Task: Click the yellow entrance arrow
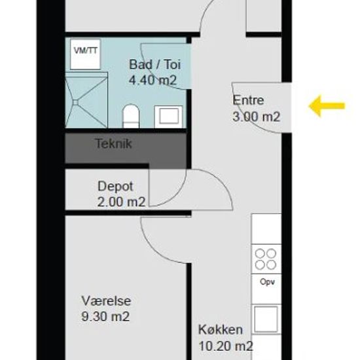pyautogui.click(x=327, y=106)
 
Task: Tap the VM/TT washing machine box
pyautogui.click(x=85, y=54)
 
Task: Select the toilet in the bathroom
pyautogui.click(x=131, y=116)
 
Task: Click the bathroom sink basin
pyautogui.click(x=169, y=117)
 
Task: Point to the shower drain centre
pyautogui.click(x=76, y=102)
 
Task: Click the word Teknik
pyautogui.click(x=113, y=144)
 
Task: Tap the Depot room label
pyautogui.click(x=115, y=187)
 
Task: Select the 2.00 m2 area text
pyautogui.click(x=121, y=202)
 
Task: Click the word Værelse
pyautogui.click(x=106, y=301)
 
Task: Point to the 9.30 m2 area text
pyautogui.click(x=105, y=317)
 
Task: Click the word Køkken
pyautogui.click(x=221, y=330)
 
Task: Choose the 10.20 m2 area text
pyautogui.click(x=225, y=346)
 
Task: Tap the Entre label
pyautogui.click(x=248, y=100)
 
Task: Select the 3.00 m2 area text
pyautogui.click(x=256, y=117)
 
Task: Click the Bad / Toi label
pyautogui.click(x=155, y=65)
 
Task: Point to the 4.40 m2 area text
pyautogui.click(x=153, y=81)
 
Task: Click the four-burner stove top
pyautogui.click(x=266, y=259)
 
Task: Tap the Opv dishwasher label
pyautogui.click(x=267, y=281)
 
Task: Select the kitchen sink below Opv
pyautogui.click(x=266, y=319)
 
